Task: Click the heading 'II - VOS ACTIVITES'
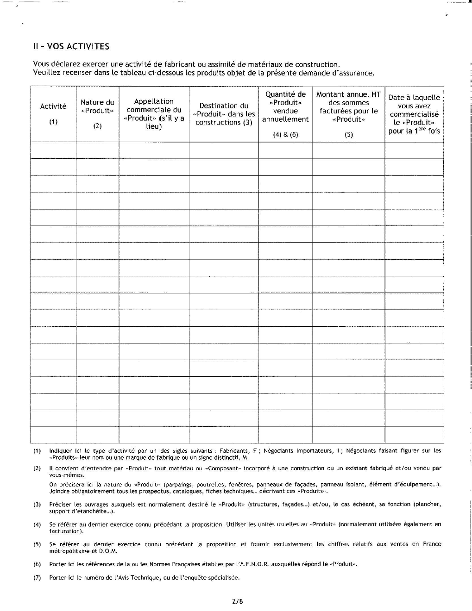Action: pos(71,46)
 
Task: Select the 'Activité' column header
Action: pos(53,106)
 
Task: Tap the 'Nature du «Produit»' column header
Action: pos(97,106)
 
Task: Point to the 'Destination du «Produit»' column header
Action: pos(224,114)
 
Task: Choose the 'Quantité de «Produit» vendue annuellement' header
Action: pos(285,107)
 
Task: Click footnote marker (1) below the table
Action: pos(37,450)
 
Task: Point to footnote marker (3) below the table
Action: pos(37,505)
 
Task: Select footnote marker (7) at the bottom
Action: pos(37,578)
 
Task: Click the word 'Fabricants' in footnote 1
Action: pos(234,450)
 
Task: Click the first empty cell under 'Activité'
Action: pos(53,150)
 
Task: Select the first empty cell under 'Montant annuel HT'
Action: pos(348,150)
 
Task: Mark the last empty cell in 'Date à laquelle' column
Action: pos(414,435)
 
